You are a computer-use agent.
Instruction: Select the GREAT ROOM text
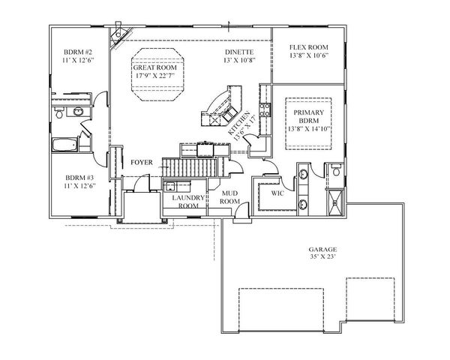pyautogui.click(x=154, y=67)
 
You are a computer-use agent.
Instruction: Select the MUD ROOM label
pyautogui.click(x=229, y=197)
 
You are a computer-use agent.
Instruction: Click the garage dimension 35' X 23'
pyautogui.click(x=323, y=256)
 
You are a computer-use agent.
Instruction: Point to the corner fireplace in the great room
pyautogui.click(x=118, y=40)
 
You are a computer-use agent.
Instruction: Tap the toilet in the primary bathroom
pyautogui.click(x=336, y=172)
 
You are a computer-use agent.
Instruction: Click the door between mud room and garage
pyautogui.click(x=238, y=218)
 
